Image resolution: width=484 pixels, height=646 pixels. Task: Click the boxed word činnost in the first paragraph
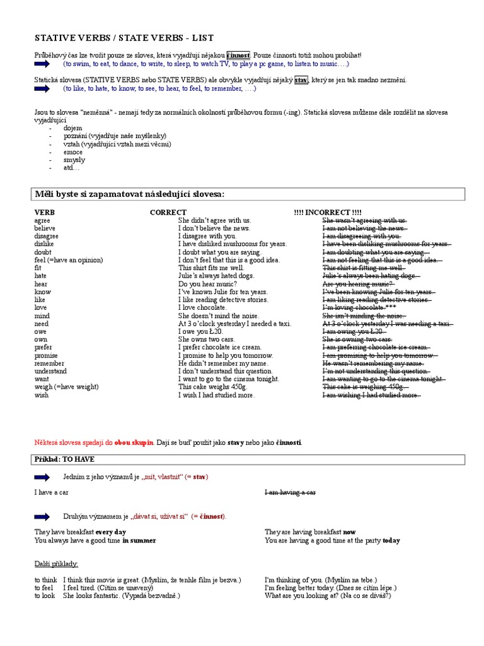click(238, 56)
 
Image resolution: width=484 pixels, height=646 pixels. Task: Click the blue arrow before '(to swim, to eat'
click(45, 64)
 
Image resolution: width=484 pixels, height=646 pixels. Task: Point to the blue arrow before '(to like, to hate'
click(45, 89)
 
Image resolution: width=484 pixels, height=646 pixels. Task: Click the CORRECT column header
click(168, 212)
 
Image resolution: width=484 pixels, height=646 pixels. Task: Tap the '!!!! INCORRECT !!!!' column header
click(328, 212)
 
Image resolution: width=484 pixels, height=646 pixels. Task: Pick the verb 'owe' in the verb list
click(40, 332)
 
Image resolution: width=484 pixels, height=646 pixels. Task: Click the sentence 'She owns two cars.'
click(208, 339)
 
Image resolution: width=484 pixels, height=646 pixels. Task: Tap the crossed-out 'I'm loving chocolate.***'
click(359, 308)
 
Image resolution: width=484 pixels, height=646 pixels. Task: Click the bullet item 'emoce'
click(72, 152)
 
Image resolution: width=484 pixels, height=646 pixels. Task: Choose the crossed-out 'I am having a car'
click(291, 492)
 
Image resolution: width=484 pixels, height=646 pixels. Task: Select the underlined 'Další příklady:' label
click(56, 563)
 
